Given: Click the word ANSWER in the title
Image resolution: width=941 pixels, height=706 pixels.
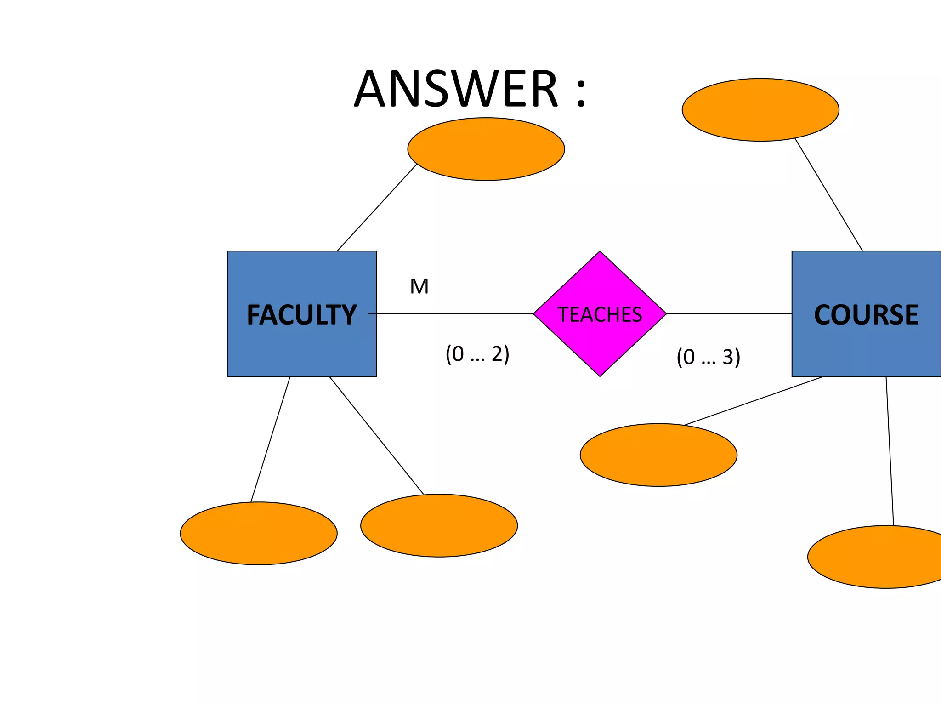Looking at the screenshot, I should (x=456, y=89).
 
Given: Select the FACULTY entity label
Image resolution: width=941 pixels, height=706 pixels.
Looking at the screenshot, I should (x=301, y=315).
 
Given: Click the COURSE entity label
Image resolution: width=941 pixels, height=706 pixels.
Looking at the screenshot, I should (x=866, y=315).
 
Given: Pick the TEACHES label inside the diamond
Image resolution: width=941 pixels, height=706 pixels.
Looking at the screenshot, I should (x=600, y=315).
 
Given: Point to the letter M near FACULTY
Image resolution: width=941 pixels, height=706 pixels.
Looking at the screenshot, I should (x=419, y=286).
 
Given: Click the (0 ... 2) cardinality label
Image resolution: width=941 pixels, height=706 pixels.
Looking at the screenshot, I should (x=477, y=354).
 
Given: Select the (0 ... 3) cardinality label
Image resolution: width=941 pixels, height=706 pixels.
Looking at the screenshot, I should (x=708, y=357).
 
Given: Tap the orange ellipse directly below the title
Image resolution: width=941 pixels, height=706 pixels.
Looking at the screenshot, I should (x=486, y=149).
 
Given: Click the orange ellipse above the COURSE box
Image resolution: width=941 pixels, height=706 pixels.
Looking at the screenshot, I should (x=760, y=110).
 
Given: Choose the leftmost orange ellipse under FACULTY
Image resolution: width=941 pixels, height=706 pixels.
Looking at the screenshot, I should (x=259, y=533).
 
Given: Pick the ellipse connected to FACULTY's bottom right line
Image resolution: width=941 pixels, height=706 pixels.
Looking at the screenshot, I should (x=439, y=525).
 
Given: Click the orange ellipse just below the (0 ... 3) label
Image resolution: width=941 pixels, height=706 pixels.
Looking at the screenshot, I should (x=658, y=455).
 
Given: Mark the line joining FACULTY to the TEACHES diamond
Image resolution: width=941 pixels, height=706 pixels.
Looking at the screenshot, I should (x=455, y=314).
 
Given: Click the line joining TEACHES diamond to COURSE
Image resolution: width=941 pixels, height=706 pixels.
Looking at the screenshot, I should (x=729, y=314).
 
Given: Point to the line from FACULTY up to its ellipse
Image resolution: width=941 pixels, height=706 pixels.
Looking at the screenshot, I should (x=377, y=207).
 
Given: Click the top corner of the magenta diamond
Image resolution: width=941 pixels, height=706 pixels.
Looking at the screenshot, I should (x=600, y=253).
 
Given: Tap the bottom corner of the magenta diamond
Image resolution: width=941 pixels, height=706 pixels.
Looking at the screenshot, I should (x=600, y=375).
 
